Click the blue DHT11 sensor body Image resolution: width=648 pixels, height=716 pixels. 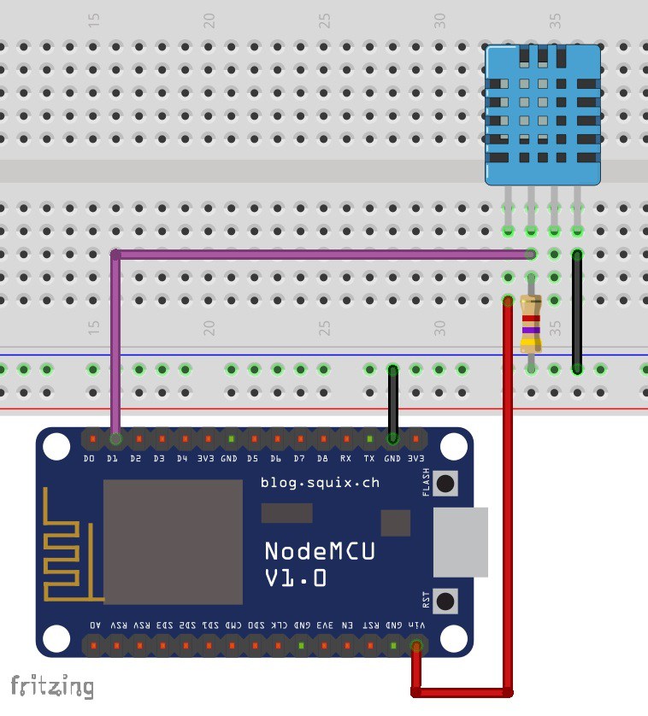(543, 114)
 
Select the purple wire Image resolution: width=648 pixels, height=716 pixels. (316, 254)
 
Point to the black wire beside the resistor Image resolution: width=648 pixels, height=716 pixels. (577, 312)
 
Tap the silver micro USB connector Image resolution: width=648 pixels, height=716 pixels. (460, 542)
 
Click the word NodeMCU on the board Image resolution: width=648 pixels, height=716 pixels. (319, 551)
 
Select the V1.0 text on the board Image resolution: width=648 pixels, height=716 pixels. (295, 578)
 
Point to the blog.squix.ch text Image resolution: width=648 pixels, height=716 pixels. (319, 483)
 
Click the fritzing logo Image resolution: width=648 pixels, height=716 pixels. (51, 685)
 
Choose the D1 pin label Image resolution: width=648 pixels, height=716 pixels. (112, 459)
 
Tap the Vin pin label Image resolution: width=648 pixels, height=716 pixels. (416, 625)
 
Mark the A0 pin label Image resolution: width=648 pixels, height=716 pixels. (93, 625)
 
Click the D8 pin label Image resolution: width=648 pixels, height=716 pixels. (322, 459)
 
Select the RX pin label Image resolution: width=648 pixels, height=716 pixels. (345, 459)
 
